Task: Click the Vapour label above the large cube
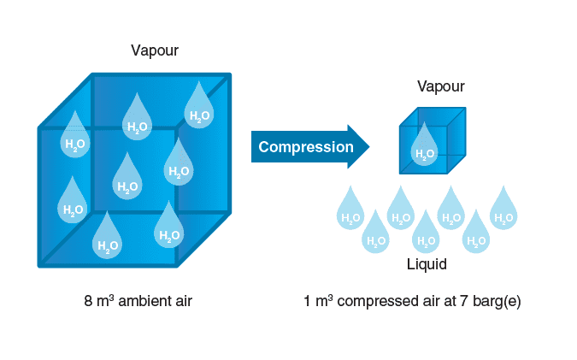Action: pos(155,50)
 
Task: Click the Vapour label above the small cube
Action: pos(440,86)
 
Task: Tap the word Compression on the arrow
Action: pos(306,147)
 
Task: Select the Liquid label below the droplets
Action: pos(427,265)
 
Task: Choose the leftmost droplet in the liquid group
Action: pos(350,209)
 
